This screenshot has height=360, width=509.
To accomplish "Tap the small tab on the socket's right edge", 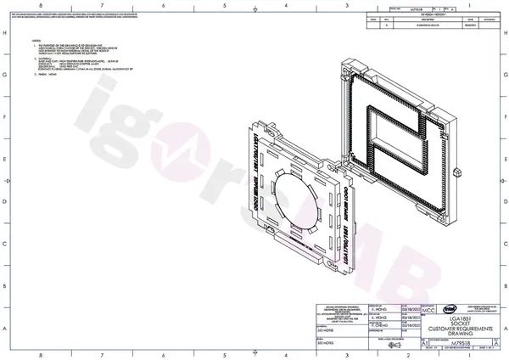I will click(x=456, y=171).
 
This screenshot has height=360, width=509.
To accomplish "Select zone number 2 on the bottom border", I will click(x=408, y=355).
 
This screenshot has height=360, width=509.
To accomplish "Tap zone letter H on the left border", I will click(x=6, y=33).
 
